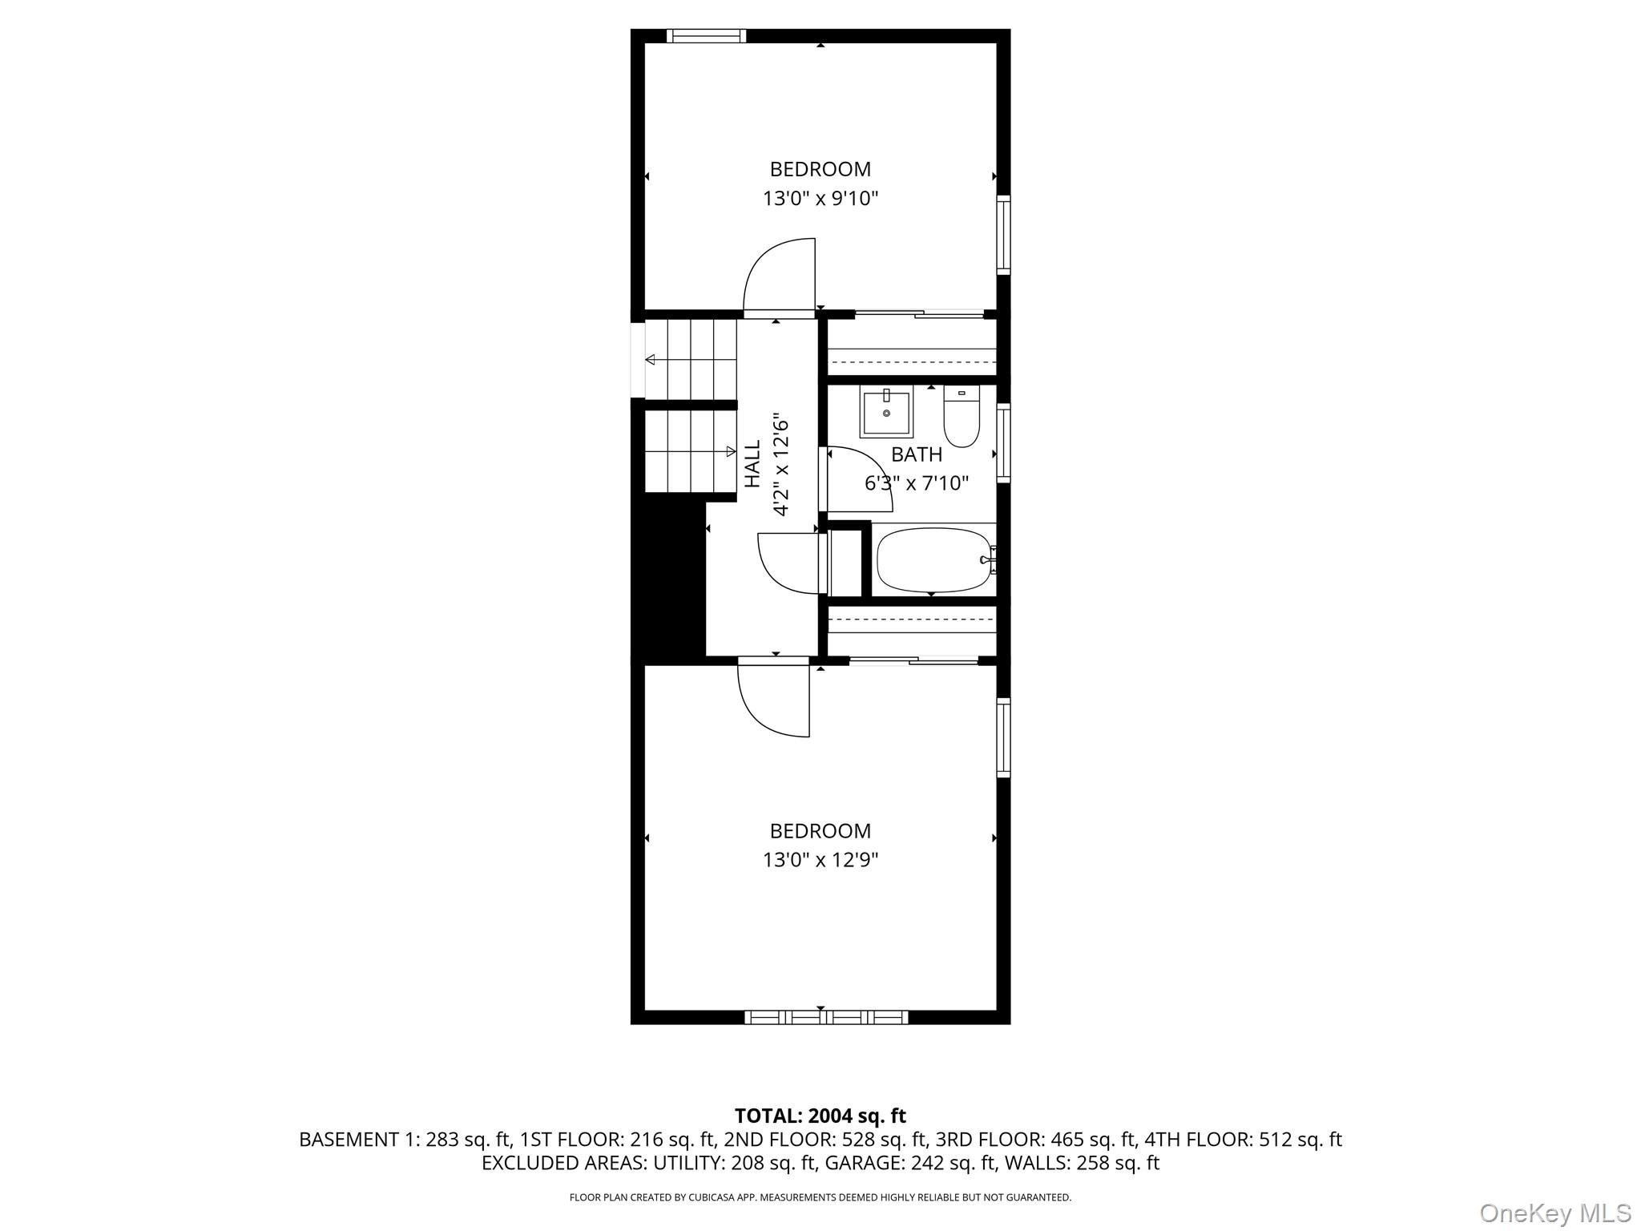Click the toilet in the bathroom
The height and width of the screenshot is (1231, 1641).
click(x=962, y=417)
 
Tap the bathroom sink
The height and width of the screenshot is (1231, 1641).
click(x=886, y=413)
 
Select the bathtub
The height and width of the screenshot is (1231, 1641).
click(x=934, y=559)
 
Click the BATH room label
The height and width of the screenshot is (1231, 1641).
click(x=917, y=455)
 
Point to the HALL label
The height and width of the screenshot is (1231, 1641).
click(x=752, y=464)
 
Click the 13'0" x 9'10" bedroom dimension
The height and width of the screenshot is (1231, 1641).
click(x=820, y=199)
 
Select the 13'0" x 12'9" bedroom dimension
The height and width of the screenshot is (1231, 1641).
click(x=820, y=860)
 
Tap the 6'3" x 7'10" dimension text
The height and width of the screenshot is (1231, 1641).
click(x=917, y=483)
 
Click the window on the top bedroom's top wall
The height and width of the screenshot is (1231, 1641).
click(x=706, y=36)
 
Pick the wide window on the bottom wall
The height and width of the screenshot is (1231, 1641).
click(x=826, y=1017)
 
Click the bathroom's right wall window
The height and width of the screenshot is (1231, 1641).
click(x=1003, y=443)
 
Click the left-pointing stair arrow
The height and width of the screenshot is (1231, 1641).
click(x=651, y=360)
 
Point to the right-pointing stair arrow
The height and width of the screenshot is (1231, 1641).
click(x=730, y=451)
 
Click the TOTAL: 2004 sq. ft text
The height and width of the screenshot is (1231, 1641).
click(x=820, y=1116)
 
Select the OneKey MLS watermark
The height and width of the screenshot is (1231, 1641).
click(x=1554, y=1213)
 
